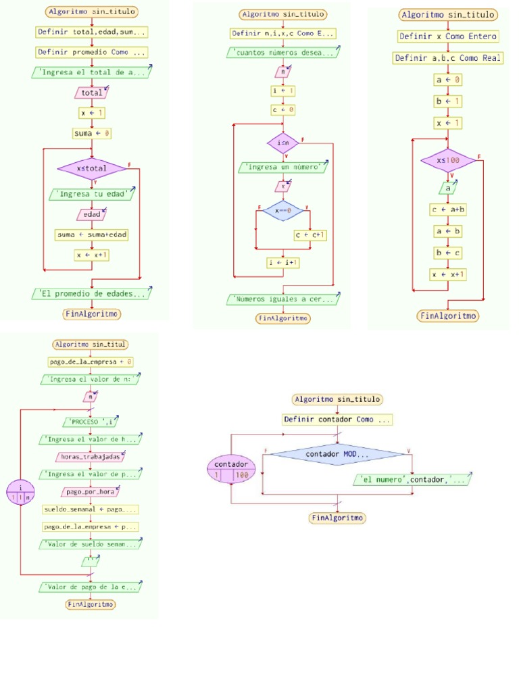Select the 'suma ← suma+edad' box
(x=92, y=234)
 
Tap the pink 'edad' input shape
(x=92, y=214)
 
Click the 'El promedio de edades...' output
(x=92, y=293)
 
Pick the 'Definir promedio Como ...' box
(x=92, y=52)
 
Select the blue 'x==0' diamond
(x=283, y=210)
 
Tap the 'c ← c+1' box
(x=310, y=235)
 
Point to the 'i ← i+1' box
(x=283, y=263)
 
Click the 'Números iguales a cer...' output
(x=283, y=299)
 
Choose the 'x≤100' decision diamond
(x=448, y=161)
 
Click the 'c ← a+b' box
(x=448, y=209)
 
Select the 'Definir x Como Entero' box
(x=448, y=36)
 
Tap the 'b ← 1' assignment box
(x=448, y=101)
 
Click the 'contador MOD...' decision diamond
(x=336, y=455)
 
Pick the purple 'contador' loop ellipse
(x=231, y=469)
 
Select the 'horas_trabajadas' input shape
(x=90, y=457)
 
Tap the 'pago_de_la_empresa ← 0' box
(x=90, y=362)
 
